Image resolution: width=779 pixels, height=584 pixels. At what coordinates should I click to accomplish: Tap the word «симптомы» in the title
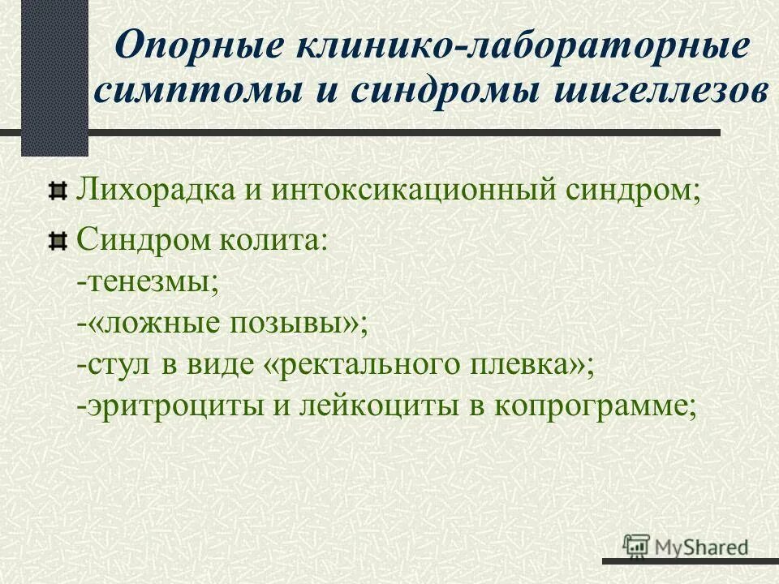(195, 89)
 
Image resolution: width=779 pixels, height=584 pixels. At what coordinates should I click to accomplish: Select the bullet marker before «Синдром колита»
(57, 240)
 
